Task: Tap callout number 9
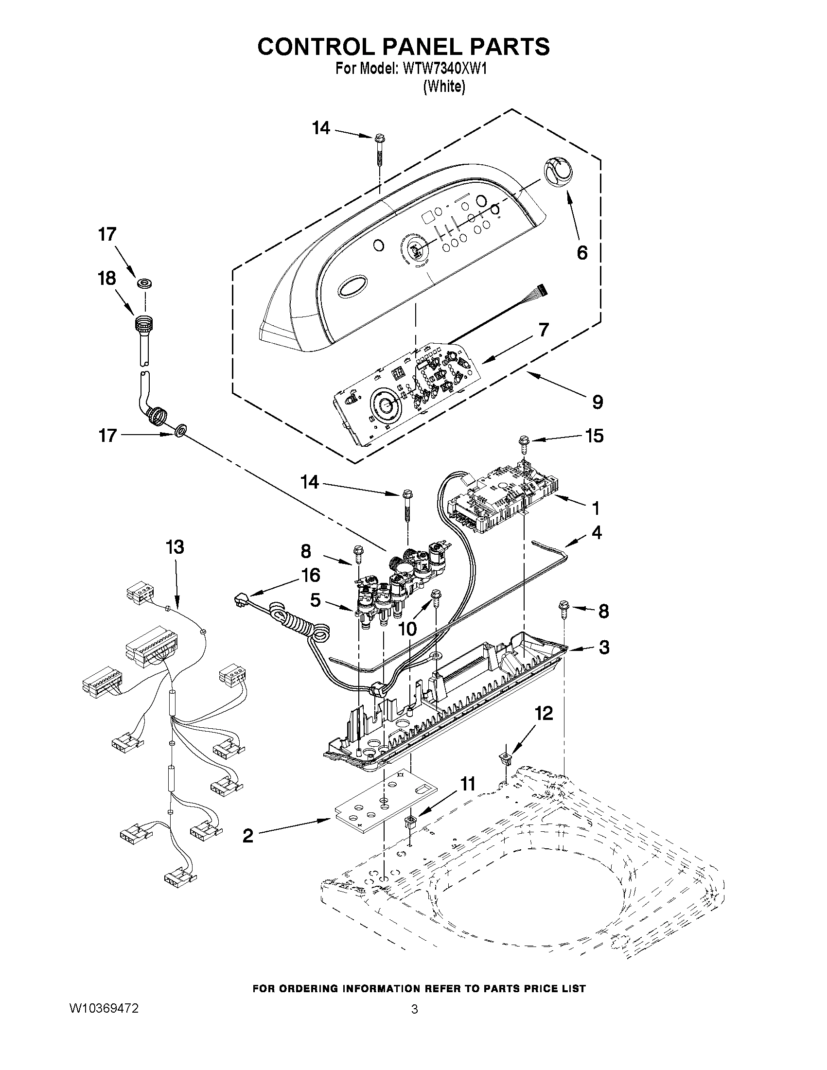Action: click(x=597, y=402)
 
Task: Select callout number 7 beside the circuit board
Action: click(x=544, y=330)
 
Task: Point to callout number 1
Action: click(x=596, y=509)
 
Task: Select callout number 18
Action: click(x=107, y=278)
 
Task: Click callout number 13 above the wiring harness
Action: click(x=175, y=546)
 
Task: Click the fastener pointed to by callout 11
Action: click(x=410, y=821)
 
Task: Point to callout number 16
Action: click(x=311, y=575)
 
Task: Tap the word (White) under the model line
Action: click(x=444, y=87)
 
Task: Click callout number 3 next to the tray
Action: click(x=604, y=647)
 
